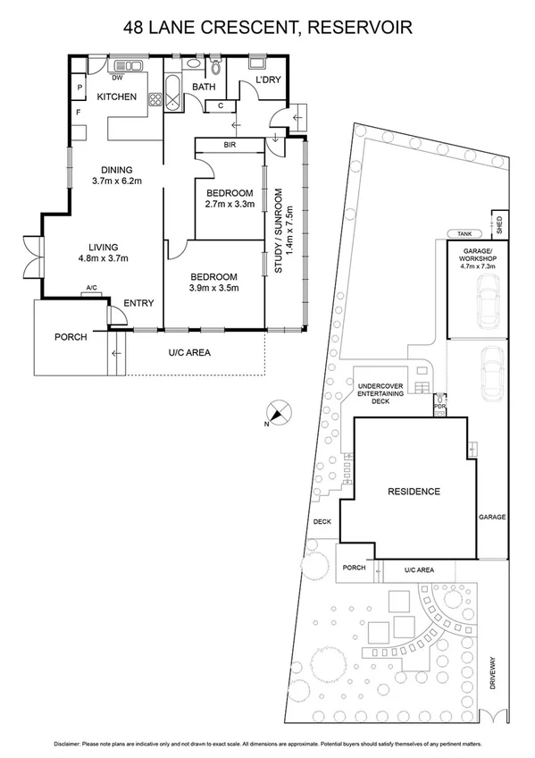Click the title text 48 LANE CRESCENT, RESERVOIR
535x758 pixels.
[x=268, y=29]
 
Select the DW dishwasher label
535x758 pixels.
[x=117, y=77]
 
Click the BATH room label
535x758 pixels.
[x=204, y=87]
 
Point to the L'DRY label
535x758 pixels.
[x=268, y=80]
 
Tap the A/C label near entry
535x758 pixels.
[x=91, y=288]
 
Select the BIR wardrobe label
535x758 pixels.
[x=230, y=145]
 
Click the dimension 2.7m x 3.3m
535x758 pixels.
[x=230, y=205]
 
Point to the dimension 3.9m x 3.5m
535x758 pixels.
[x=215, y=288]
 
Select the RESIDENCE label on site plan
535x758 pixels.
[x=414, y=492]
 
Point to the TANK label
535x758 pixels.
[x=463, y=232]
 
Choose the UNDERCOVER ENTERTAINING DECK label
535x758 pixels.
[x=381, y=392]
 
